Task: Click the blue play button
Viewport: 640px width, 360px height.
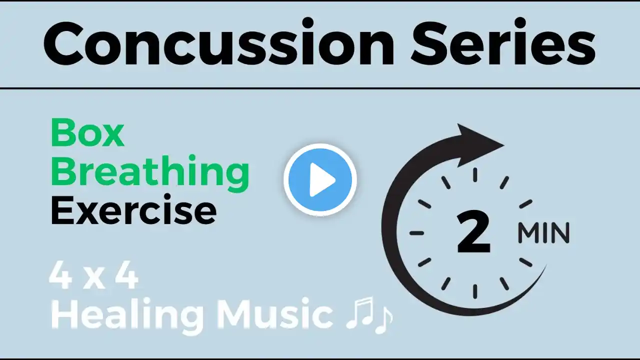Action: (x=320, y=179)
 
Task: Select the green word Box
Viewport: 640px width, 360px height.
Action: (x=87, y=133)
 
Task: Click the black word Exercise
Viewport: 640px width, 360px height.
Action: (x=133, y=211)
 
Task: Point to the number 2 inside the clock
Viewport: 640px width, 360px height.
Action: (x=473, y=232)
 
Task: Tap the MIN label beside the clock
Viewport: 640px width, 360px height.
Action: (x=543, y=233)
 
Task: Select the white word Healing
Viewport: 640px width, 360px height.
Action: (x=127, y=315)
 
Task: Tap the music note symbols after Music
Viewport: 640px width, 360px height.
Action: (x=369, y=315)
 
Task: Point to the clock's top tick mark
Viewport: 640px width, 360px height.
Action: (x=475, y=175)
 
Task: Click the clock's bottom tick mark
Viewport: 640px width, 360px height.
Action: (x=475, y=291)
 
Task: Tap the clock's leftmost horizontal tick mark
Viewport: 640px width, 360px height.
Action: (x=416, y=233)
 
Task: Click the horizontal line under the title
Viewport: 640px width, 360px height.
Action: (x=320, y=88)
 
